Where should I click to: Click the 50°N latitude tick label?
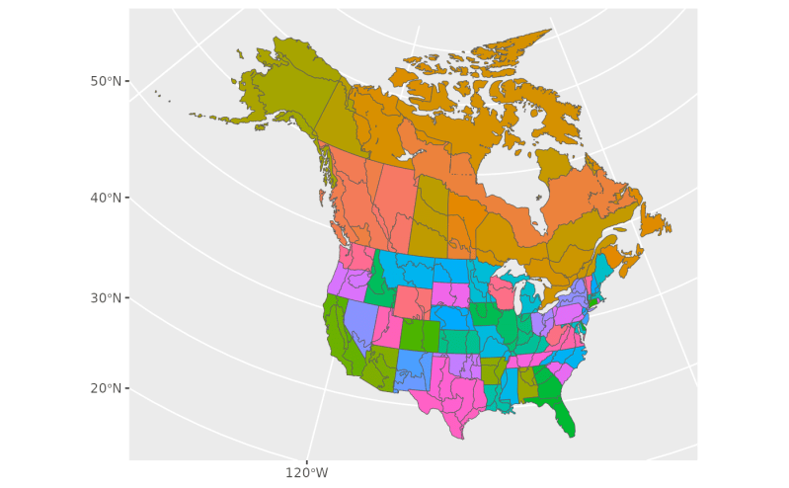(106, 81)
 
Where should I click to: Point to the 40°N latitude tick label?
(106, 197)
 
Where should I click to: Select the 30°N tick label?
(106, 298)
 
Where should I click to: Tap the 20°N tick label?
(106, 388)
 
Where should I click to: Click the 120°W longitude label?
(307, 473)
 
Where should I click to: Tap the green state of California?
(341, 336)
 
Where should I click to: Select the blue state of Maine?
(603, 267)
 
